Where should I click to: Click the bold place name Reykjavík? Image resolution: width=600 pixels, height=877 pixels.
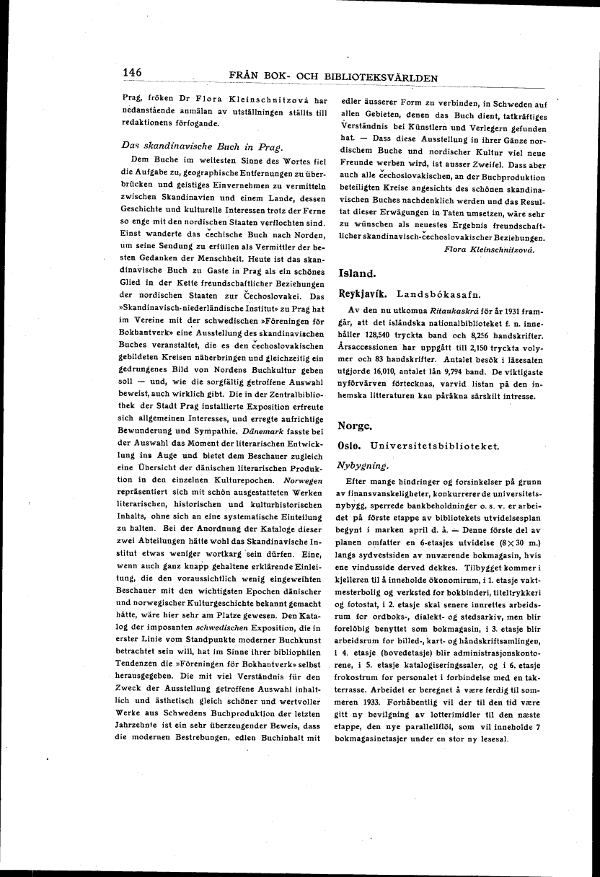coord(363,294)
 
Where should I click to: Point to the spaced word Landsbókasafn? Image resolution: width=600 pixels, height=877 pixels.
coord(437,294)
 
